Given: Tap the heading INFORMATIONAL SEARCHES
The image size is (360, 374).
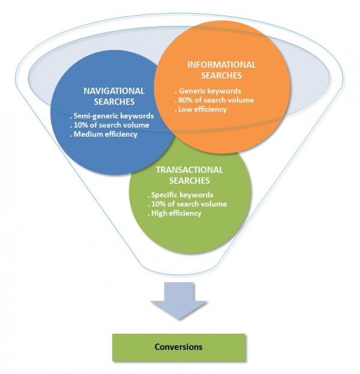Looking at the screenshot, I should pyautogui.click(x=221, y=70).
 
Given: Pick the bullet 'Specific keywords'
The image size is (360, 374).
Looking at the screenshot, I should pyautogui.click(x=180, y=195).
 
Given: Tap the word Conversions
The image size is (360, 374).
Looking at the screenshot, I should pyautogui.click(x=178, y=347).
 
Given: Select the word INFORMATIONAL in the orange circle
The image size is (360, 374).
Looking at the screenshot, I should pyautogui.click(x=221, y=65).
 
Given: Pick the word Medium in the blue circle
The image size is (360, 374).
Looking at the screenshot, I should pyautogui.click(x=87, y=134).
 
